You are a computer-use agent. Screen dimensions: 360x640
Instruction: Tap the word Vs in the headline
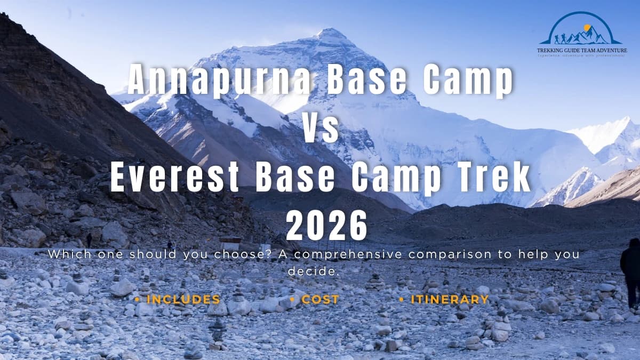coord(321,129)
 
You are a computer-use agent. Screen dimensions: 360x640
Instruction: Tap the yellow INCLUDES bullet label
coord(183,300)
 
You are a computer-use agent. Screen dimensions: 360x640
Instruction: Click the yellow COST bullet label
coord(320,300)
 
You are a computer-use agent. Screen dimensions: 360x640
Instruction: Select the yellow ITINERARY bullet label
coord(450,300)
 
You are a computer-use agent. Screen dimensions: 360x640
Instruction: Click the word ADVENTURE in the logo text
coord(611,51)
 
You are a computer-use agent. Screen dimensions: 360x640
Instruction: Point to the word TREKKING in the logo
coord(552,51)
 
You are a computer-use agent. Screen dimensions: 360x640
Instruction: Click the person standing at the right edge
coord(631,272)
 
